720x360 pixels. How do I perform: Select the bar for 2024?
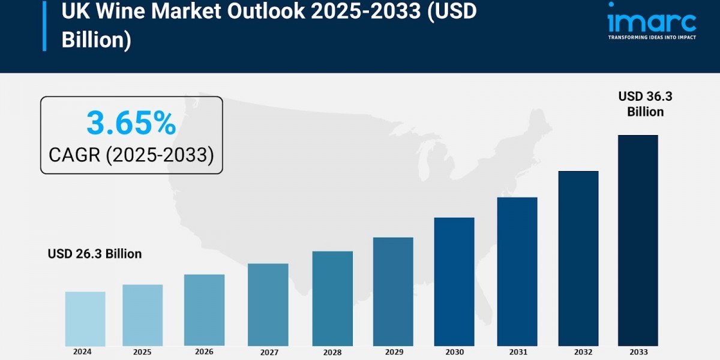(85, 319)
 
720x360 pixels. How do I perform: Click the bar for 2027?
(268, 305)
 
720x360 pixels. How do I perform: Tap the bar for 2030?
(454, 281)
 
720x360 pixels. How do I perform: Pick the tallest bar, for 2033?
(638, 240)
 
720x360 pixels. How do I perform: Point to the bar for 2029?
(393, 292)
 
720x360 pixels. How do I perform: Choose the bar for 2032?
(578, 258)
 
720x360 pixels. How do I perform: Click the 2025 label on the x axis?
(143, 352)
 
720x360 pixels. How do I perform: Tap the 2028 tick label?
(332, 352)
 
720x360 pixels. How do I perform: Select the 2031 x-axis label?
(517, 352)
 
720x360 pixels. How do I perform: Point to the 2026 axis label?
(204, 352)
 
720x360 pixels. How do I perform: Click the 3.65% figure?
(131, 124)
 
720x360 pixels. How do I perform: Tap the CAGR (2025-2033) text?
(131, 155)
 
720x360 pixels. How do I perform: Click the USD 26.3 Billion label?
(95, 254)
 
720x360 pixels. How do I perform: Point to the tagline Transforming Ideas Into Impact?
(652, 37)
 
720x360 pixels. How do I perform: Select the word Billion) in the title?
(96, 41)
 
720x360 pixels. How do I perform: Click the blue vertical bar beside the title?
(44, 25)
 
